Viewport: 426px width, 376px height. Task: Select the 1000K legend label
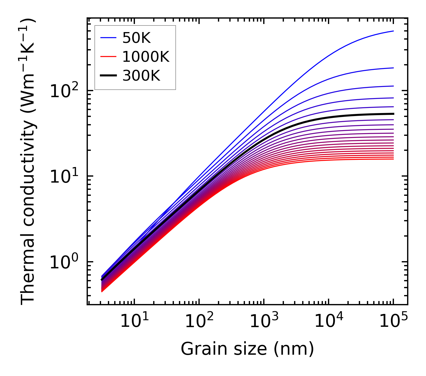[146, 57]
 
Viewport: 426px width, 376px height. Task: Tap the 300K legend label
[141, 76]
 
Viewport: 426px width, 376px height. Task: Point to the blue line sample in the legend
[108, 38]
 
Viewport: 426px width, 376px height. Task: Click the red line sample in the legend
[108, 57]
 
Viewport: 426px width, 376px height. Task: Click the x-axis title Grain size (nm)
[247, 349]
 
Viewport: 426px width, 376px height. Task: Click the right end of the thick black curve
[393, 114]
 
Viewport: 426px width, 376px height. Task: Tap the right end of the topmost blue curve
[393, 31]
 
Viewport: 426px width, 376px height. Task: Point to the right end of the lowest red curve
[393, 159]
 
